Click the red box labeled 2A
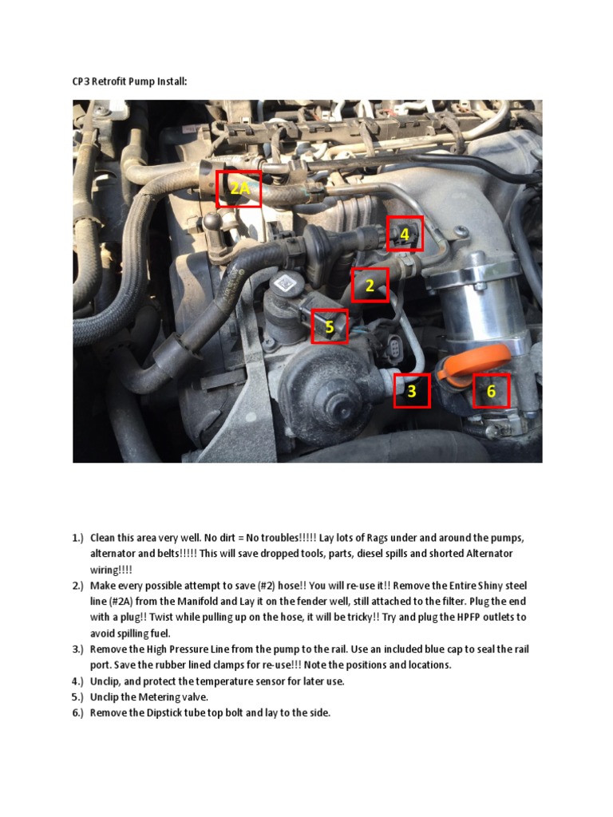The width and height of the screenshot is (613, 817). point(239,188)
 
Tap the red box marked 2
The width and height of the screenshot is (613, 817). point(370,286)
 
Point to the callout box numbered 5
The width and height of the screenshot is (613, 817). point(330,327)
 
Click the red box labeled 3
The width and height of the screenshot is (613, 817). point(412,391)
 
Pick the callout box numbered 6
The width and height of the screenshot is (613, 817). point(491,391)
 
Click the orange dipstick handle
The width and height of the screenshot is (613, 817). point(467,369)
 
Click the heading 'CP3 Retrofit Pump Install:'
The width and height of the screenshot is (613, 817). point(129,81)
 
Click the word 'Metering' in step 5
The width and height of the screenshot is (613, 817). point(163,697)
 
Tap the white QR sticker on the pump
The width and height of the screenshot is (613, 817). point(285,282)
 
